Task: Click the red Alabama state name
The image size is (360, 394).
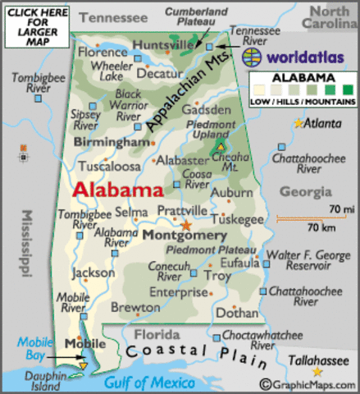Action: (117, 190)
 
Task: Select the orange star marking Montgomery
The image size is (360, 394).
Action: (187, 223)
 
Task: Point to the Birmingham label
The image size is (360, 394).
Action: (112, 143)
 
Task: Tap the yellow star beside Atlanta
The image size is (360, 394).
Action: (297, 123)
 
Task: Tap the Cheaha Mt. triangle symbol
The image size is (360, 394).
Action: (220, 147)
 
